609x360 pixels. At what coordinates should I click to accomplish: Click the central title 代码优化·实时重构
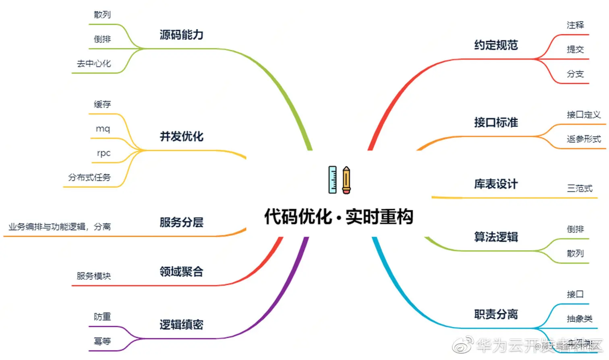coord(339,217)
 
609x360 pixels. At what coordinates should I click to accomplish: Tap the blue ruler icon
coord(332,180)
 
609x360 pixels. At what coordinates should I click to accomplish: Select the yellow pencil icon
coord(346,180)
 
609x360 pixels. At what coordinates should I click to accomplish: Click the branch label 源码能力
coord(181,35)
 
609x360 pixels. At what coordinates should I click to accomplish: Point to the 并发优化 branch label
coord(181,137)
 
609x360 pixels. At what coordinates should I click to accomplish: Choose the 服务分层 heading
coord(181,222)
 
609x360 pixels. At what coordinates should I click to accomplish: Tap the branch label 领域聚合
coord(181,272)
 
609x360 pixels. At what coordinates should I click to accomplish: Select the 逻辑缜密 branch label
coord(181,325)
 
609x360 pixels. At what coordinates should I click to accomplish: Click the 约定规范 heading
coord(496,45)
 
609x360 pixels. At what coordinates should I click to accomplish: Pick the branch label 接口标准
coord(496,122)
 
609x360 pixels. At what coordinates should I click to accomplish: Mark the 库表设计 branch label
coord(496,184)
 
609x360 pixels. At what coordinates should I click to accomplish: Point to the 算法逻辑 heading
coord(496,237)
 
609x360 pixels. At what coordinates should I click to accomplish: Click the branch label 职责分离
coord(496,314)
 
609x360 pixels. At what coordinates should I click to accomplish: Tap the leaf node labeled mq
coord(103,129)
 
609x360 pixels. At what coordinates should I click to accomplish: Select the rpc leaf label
coord(104,153)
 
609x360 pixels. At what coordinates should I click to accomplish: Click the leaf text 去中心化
coord(94,64)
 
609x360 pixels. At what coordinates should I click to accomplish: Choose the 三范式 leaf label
coord(580,188)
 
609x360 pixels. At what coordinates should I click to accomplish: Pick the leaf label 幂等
coord(102,341)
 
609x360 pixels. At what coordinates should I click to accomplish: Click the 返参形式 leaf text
coord(584,139)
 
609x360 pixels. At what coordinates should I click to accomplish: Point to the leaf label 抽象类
coord(580,319)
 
